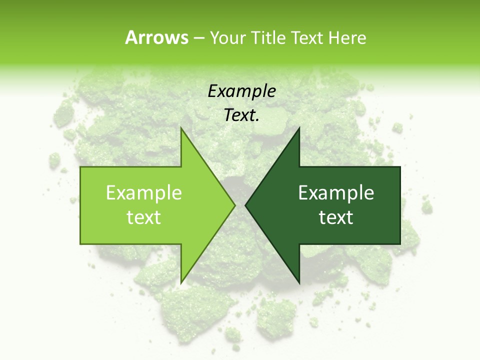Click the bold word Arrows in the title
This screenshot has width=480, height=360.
click(156, 37)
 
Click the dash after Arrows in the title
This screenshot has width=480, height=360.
click(198, 38)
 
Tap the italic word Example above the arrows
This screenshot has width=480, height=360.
click(241, 91)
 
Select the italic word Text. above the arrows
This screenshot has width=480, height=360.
click(241, 115)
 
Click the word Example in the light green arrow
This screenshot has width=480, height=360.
click(144, 192)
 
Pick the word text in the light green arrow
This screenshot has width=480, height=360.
click(144, 217)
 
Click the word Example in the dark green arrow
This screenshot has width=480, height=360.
click(336, 192)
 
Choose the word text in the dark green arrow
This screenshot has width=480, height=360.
click(336, 217)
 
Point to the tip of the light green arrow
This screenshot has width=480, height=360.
click(234, 205)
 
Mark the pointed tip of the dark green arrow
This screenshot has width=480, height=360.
click(245, 205)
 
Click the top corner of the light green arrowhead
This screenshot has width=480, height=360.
click(181, 127)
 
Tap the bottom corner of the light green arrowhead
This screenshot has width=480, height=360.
click(181, 283)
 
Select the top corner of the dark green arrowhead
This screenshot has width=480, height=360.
click(299, 127)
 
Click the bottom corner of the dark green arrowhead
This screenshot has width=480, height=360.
click(299, 283)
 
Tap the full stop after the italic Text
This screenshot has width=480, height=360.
click(257, 120)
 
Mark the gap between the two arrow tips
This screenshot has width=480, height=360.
click(240, 205)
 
